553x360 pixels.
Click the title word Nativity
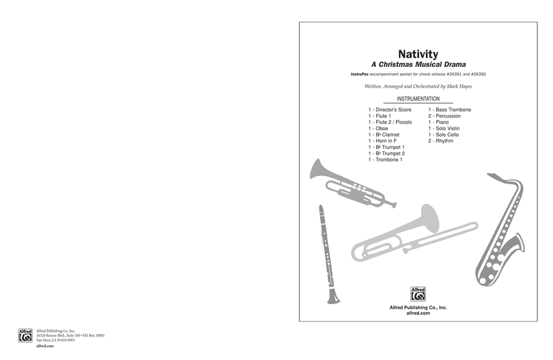[418, 54]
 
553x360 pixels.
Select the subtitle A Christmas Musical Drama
[418, 65]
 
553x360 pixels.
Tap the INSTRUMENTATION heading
[418, 99]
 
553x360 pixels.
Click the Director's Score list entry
[390, 109]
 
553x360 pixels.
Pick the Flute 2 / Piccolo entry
[390, 122]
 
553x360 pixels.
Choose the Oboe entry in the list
[378, 128]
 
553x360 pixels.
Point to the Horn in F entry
[383, 141]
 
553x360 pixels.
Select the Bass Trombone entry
[450, 109]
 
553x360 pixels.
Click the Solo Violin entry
[444, 128]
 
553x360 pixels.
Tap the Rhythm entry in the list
[441, 141]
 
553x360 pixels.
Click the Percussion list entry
[444, 115]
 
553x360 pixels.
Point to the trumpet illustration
[353, 184]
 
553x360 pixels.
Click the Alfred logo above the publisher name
[418, 294]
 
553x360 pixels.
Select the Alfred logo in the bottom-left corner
[25, 335]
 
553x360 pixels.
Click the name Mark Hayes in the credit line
[459, 87]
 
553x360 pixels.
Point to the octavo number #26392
[478, 74]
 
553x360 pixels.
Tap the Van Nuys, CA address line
[55, 340]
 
